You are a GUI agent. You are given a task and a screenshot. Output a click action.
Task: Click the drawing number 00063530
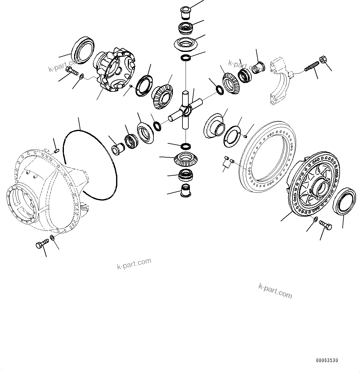[x=327, y=360]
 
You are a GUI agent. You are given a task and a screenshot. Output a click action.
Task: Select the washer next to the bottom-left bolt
[x=52, y=238]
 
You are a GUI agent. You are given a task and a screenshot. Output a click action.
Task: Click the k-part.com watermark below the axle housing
[x=134, y=264]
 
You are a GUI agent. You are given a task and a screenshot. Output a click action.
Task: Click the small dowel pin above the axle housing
[x=56, y=151]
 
